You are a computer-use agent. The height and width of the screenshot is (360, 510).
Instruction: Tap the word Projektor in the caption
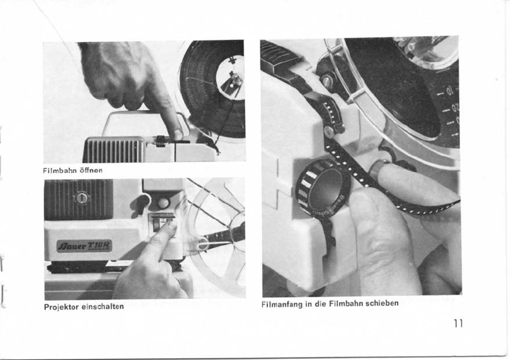[62, 307]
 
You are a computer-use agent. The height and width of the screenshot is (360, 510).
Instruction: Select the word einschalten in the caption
[103, 307]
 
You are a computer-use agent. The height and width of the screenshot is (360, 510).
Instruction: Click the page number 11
[458, 323]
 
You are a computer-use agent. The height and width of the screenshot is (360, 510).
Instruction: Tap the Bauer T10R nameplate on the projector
[84, 246]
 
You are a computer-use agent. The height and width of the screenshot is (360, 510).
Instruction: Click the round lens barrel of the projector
[323, 188]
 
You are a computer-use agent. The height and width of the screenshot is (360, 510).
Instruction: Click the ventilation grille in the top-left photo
[113, 149]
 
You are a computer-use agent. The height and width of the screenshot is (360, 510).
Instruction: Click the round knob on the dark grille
[81, 198]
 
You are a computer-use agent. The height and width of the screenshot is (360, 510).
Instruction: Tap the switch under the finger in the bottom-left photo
[162, 223]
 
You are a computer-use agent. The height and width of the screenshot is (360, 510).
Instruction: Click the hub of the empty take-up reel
[202, 244]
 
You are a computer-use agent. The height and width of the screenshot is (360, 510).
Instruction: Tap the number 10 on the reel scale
[449, 91]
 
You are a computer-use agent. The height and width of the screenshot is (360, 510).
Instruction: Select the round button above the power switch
[164, 203]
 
